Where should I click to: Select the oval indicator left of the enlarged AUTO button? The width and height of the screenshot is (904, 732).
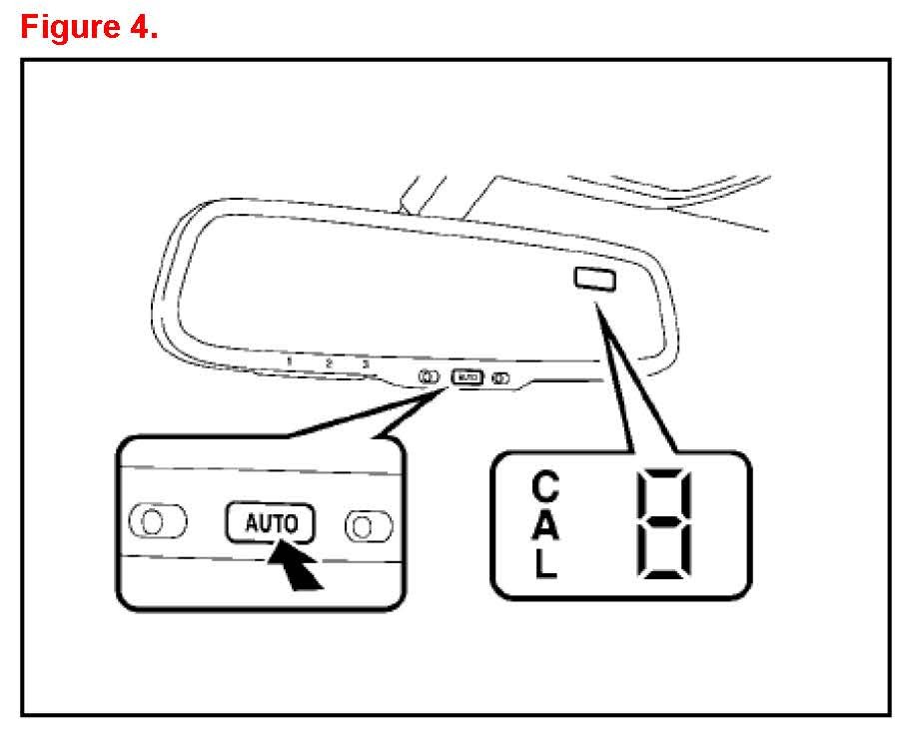pos(159,521)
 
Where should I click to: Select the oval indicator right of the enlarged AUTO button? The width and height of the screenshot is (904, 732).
pos(369,523)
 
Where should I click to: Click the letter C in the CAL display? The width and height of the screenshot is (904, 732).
pos(545,488)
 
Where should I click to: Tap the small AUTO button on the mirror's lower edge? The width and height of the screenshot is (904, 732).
pos(466,377)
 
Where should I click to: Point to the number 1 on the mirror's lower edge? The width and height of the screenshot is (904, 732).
pos(289,362)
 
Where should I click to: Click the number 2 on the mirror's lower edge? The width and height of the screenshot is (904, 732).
pos(328,363)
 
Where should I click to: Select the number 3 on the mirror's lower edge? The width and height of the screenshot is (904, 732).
pos(366,364)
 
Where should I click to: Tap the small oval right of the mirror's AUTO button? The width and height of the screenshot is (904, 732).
pos(500,378)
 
